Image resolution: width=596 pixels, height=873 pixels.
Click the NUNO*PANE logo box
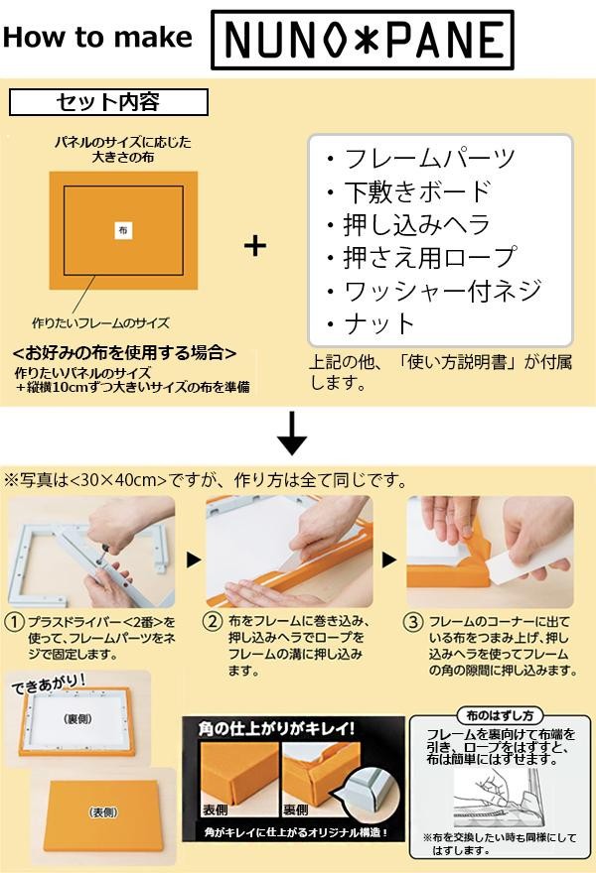pos(363,40)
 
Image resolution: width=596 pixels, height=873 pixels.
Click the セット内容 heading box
pos(108,102)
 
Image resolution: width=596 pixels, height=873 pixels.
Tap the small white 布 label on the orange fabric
pos(123,230)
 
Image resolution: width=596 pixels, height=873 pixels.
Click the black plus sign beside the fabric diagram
pos(255,246)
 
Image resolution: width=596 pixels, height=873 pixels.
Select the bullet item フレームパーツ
pos(422,159)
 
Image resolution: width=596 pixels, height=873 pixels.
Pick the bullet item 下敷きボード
pos(409,192)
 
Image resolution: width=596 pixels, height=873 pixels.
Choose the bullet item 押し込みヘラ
pos(409,224)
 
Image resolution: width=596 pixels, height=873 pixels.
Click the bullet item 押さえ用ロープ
pos(422,257)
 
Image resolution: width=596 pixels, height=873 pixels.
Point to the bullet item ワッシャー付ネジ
pos(434,290)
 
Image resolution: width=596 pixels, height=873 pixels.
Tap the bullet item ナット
pos(372,323)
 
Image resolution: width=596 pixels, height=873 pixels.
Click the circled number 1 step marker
pos(15,622)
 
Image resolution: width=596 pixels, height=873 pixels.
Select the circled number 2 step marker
pos(212,621)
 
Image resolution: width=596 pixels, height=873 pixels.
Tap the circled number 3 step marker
pos(413,622)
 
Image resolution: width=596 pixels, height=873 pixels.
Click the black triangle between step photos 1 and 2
pos(193,560)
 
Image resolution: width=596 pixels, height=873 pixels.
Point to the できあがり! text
pos(49,685)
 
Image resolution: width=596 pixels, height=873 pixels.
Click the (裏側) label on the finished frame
pos(77,719)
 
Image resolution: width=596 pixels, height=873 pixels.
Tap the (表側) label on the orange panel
pos(103,812)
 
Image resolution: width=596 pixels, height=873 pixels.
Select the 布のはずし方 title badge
pos(500,715)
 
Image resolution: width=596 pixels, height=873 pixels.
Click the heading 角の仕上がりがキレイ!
pos(276,729)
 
